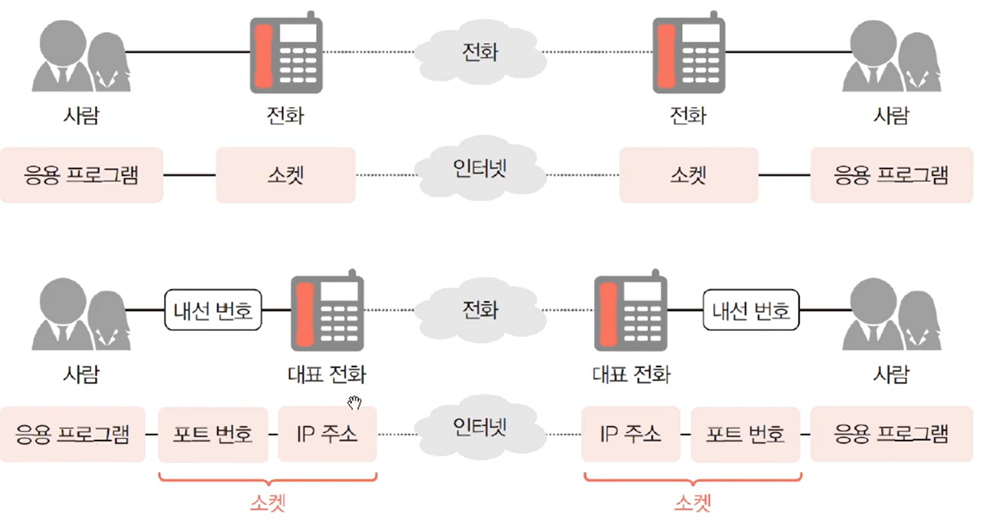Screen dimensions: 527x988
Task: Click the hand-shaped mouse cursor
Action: coord(354,402)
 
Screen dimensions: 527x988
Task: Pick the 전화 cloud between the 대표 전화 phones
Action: coord(480,310)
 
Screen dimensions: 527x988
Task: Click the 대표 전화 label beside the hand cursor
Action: coord(327,374)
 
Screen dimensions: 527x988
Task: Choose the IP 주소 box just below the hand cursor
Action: coord(327,435)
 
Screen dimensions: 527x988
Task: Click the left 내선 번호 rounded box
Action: coord(213,311)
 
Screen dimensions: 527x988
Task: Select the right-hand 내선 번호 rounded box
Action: coord(751,311)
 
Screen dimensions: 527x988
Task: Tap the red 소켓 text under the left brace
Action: coord(268,503)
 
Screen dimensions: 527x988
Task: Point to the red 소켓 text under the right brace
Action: coord(692,503)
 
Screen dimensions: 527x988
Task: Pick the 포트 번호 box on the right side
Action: coord(745,435)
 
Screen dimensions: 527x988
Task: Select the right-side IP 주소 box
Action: coord(631,435)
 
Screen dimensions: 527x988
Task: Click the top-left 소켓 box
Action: coord(285,175)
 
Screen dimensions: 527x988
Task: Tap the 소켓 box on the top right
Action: coord(689,175)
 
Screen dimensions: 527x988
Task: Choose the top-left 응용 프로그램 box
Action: coord(81,175)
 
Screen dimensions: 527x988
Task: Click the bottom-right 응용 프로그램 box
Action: coord(891,435)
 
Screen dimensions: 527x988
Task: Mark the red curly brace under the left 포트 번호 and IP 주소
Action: coord(268,480)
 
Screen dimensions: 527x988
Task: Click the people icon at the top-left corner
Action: coord(80,56)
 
